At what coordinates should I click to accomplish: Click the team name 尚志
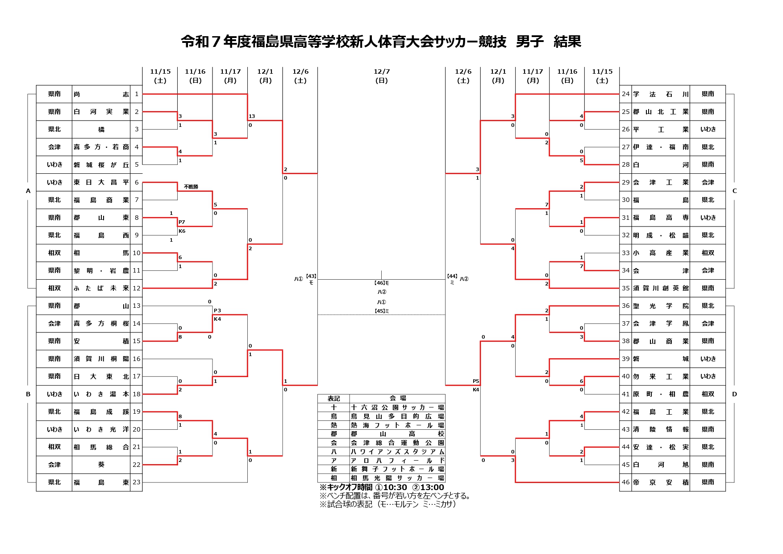[101, 94]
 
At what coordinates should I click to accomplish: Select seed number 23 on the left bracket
[137, 483]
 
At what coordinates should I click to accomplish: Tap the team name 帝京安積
[661, 483]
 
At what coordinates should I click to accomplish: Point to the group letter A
[28, 191]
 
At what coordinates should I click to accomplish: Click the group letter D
[734, 394]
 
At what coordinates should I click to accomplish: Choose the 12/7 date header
[381, 76]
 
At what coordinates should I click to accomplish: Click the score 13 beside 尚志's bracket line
[252, 116]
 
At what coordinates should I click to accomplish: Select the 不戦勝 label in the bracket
[191, 187]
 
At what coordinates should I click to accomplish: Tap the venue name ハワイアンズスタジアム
[397, 452]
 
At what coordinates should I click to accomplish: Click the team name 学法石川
[661, 94]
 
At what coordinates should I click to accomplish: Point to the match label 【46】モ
[381, 283]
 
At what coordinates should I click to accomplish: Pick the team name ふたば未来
[101, 289]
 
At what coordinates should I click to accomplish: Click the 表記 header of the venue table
[333, 399]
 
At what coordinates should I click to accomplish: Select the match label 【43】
[311, 276]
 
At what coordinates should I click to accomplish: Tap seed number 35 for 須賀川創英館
[625, 289]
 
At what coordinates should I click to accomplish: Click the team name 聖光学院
[661, 306]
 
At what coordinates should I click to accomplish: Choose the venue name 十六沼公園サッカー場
[397, 407]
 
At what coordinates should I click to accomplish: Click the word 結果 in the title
[567, 42]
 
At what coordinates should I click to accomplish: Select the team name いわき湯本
[101, 394]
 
